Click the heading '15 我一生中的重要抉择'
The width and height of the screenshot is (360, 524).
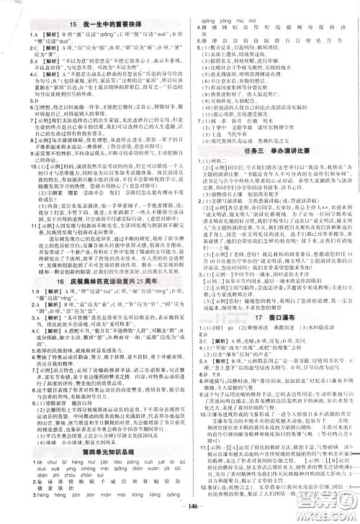pos(90,23)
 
